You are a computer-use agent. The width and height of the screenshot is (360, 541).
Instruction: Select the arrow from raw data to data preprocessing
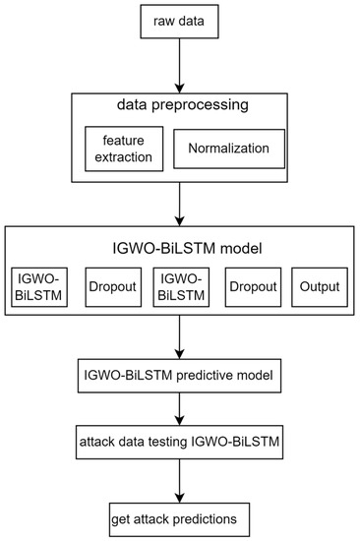point(180,65)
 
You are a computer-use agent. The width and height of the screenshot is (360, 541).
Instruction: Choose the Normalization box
point(229,148)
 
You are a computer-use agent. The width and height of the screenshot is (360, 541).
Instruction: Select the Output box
point(320,286)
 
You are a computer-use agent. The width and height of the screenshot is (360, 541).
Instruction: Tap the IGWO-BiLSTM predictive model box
point(180,375)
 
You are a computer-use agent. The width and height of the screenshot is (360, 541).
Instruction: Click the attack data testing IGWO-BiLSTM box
point(180,444)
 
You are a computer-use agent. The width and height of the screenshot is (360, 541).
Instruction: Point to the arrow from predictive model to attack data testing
point(180,409)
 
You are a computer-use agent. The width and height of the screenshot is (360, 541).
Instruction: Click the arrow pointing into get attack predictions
point(180,481)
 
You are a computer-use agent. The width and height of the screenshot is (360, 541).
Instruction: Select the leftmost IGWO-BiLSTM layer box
point(40,286)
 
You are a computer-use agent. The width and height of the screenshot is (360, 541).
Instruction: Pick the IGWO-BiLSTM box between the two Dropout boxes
point(181,286)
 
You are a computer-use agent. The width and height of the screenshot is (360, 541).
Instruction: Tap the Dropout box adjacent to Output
point(251,286)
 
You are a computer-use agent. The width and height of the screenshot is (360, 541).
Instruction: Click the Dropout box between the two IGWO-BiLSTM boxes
point(110,286)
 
